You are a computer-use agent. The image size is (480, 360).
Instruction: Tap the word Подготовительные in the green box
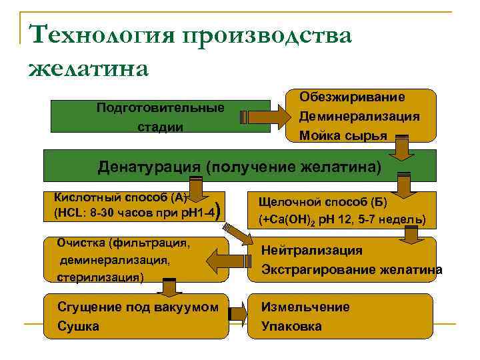(x=160, y=107)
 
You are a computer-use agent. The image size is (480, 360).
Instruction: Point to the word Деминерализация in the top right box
(x=359, y=116)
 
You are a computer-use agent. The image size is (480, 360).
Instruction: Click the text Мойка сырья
(x=343, y=136)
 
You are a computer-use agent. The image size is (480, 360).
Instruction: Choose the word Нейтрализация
(x=312, y=251)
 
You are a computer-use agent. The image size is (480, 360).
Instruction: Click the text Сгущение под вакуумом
(x=138, y=307)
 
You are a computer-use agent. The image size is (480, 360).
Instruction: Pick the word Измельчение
(x=305, y=307)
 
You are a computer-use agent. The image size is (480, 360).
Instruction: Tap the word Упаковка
(x=291, y=326)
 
